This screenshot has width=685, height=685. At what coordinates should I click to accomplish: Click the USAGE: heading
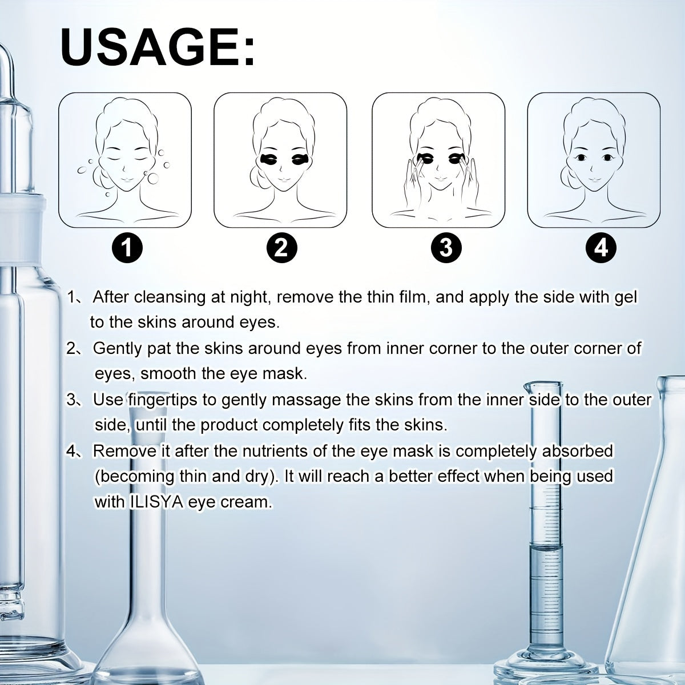click(158, 47)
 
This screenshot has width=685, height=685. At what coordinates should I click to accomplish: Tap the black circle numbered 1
click(127, 248)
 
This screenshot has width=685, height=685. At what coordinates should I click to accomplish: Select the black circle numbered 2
click(281, 248)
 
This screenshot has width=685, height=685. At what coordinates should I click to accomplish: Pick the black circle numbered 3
click(446, 248)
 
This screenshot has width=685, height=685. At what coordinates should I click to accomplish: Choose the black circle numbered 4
click(601, 248)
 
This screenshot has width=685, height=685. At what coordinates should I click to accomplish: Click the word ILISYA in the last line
click(156, 502)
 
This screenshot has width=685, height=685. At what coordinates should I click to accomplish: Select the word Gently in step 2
click(118, 349)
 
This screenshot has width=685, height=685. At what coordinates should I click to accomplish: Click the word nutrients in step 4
click(276, 451)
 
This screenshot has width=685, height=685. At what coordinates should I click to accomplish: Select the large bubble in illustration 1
click(153, 178)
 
